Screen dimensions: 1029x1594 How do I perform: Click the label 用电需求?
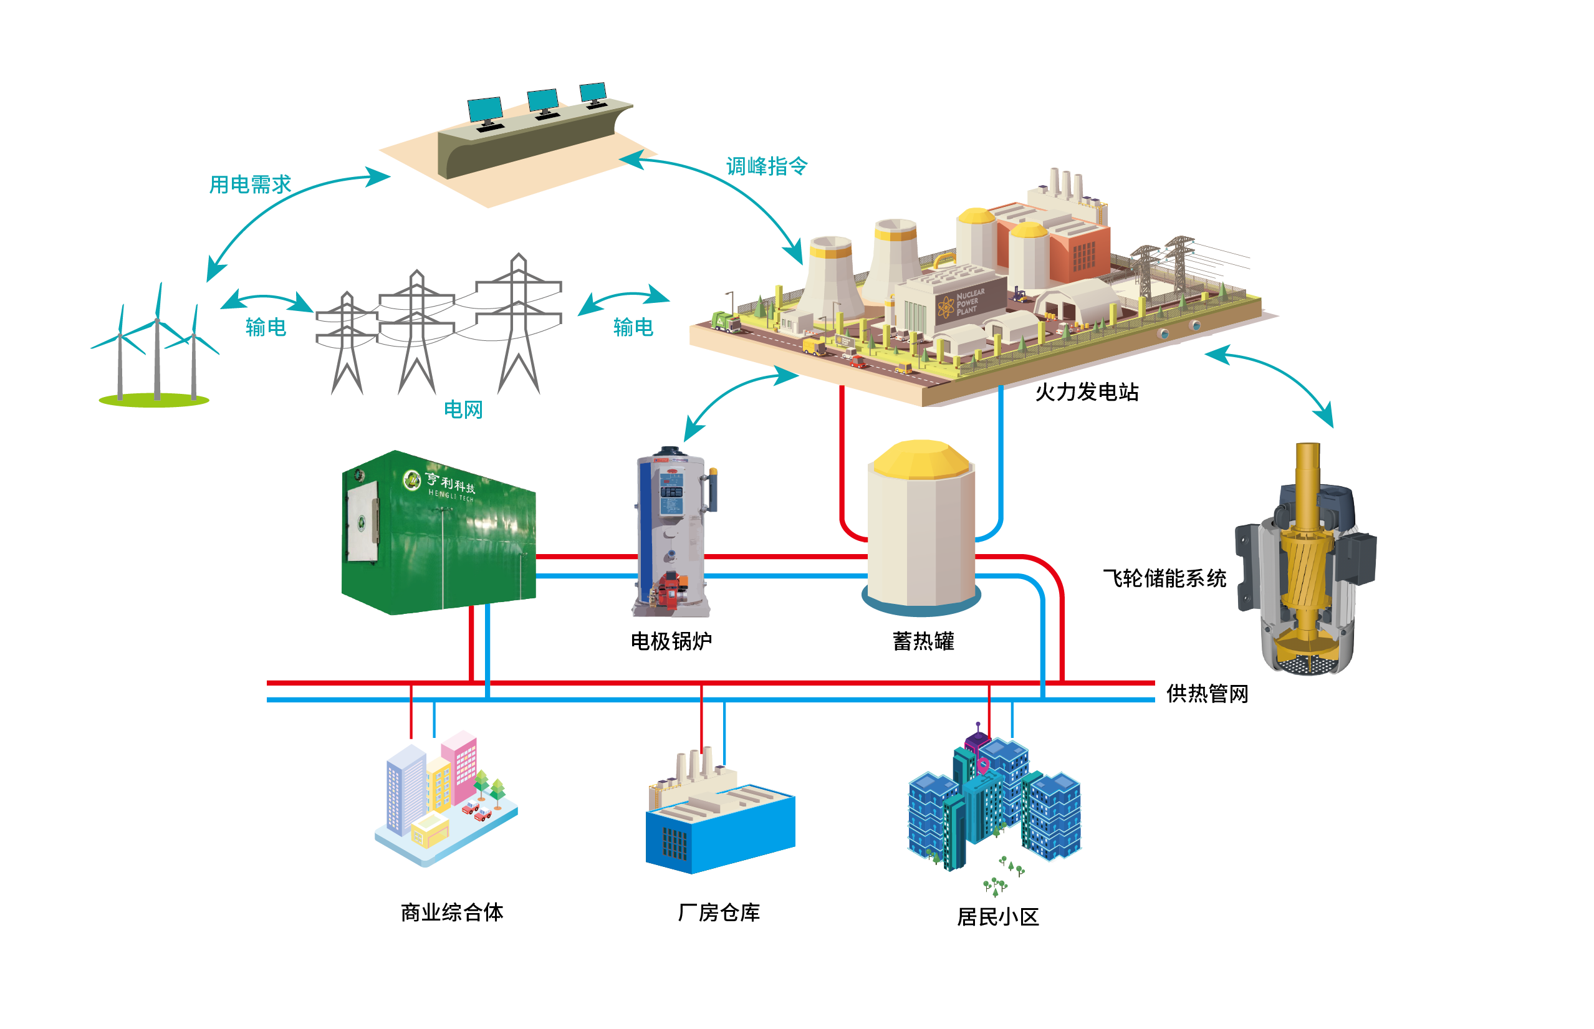tap(250, 184)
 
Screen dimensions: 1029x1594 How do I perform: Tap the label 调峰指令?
tap(767, 166)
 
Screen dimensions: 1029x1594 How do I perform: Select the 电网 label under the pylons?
tap(463, 409)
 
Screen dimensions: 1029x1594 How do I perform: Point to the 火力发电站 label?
tap(1086, 392)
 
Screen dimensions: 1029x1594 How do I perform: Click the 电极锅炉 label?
tap(671, 641)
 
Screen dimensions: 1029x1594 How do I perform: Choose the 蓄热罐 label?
tap(923, 641)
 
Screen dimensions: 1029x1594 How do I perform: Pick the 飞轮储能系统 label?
tap(1164, 578)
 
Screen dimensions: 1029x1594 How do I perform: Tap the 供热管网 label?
tap(1206, 694)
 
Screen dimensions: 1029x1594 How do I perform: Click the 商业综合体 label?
tap(452, 912)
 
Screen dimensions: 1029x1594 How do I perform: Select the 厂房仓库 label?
tap(719, 912)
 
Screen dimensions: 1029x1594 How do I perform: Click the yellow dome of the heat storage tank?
tap(920, 458)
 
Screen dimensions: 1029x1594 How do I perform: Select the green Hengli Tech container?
tap(438, 535)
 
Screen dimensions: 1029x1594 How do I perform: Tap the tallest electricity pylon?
tap(518, 321)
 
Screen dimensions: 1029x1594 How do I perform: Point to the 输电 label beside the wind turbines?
tap(266, 327)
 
